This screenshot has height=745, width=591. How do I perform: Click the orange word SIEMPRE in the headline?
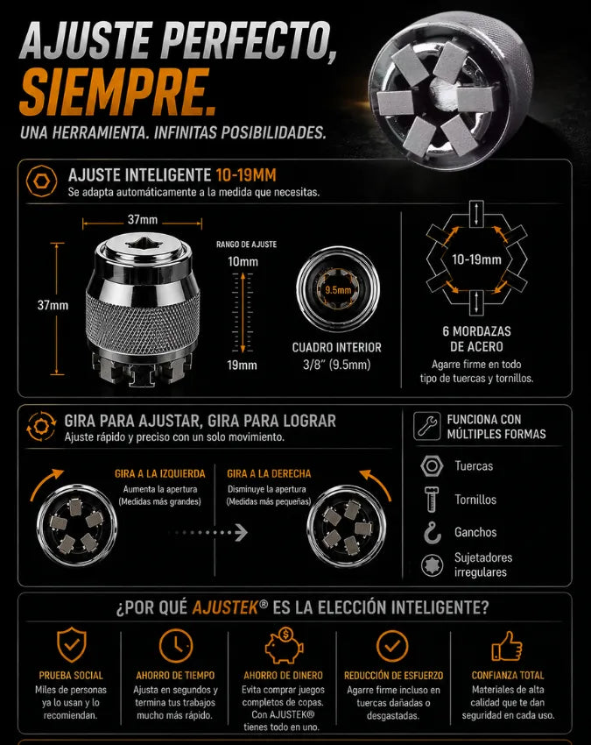point(116,93)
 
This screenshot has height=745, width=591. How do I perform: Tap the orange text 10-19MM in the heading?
point(246,175)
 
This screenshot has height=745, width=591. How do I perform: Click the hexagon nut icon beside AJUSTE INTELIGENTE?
point(42,181)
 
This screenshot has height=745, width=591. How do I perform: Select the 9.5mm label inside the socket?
point(338,290)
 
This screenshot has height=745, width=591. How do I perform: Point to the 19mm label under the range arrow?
point(243,365)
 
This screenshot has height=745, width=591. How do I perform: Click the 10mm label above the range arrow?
point(243,261)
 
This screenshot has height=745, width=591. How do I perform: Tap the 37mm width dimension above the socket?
point(143,219)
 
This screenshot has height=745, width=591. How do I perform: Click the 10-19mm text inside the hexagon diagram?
point(476,259)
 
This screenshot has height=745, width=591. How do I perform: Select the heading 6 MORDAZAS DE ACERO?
point(476,339)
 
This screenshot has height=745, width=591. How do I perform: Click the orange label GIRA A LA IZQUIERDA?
point(160,473)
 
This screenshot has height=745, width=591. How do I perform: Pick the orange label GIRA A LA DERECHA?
point(269,473)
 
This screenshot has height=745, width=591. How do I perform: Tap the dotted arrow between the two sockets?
point(209,533)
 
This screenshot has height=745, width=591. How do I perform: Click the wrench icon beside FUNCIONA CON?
point(426,425)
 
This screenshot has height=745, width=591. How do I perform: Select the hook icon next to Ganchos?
point(432,532)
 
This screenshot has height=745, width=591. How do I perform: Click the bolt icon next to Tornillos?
point(432,499)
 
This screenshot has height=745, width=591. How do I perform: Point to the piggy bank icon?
point(284,646)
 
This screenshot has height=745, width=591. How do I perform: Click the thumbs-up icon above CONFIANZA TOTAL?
point(507,646)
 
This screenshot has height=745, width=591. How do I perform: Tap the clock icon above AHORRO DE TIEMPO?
point(176,646)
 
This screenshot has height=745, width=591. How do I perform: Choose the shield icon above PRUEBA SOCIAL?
point(72,645)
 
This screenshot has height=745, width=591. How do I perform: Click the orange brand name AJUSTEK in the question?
point(226,607)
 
